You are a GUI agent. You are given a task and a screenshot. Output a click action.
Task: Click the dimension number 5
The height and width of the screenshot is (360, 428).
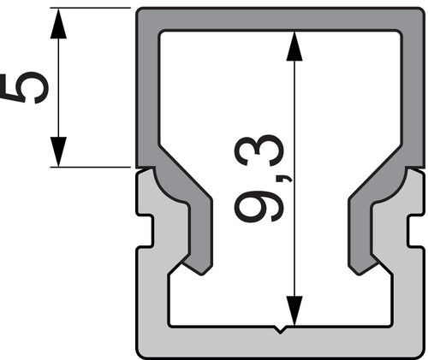point(24,88)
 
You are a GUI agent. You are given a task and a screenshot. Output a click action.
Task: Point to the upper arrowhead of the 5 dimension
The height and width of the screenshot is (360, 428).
point(58,23)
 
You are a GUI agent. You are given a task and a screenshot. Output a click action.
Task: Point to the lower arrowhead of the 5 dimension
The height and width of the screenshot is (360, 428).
point(58,151)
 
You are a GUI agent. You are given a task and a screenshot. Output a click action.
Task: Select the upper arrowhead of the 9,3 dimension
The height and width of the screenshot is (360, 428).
point(294,46)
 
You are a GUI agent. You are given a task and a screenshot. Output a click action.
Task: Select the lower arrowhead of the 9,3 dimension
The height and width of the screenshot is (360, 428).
point(294,310)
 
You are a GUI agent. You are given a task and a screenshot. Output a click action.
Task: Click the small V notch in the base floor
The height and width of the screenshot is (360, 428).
point(280,329)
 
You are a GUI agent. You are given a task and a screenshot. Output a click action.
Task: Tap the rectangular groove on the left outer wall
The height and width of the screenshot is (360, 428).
point(145,231)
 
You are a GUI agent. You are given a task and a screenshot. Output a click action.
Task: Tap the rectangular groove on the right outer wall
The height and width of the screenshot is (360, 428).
point(416,231)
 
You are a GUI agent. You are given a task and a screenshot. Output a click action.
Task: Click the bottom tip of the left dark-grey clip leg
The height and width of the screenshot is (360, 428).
point(202,274)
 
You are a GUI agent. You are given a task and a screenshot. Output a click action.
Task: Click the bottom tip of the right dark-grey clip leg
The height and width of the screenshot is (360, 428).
point(359,274)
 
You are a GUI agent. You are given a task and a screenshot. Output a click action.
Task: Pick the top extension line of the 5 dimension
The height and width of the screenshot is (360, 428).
point(90,8)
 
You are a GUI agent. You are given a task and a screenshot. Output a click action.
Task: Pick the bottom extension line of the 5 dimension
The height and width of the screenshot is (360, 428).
point(90,167)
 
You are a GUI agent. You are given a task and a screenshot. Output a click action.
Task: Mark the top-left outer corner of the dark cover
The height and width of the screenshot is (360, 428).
point(136,9)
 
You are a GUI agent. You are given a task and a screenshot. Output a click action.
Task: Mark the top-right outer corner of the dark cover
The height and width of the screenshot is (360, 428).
point(424,9)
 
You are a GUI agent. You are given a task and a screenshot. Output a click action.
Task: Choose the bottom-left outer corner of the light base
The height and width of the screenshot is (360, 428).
point(137,357)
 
